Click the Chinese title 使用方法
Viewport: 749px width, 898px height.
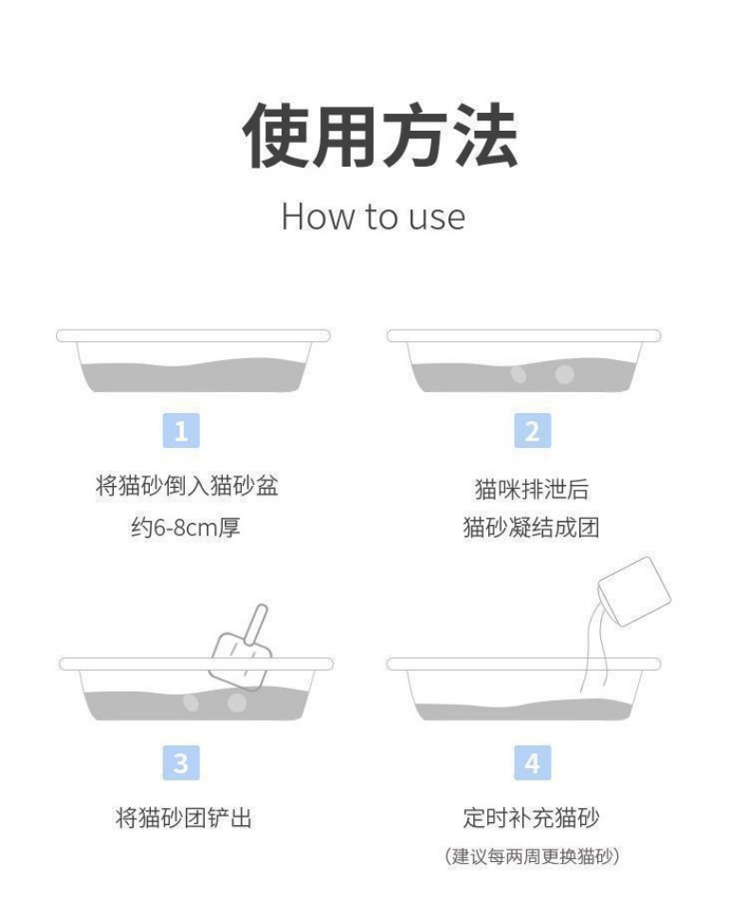tap(380, 135)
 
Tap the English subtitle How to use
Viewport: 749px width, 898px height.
tap(373, 217)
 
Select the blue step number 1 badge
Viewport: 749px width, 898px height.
tap(181, 430)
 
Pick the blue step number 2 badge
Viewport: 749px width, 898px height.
tap(533, 430)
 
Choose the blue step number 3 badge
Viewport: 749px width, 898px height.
tap(181, 763)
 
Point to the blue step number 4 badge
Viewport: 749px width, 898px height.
tap(533, 763)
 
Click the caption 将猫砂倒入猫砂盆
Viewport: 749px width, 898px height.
tap(187, 486)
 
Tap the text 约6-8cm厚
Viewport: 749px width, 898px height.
tap(186, 527)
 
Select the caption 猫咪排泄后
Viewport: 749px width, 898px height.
tap(532, 489)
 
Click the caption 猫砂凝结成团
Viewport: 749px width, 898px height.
tap(531, 527)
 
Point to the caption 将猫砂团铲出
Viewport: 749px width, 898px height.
tap(184, 817)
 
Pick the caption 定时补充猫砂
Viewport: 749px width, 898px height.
tap(531, 817)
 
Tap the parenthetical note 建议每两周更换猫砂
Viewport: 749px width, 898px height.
tap(532, 856)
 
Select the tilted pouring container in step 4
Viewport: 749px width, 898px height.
tap(634, 591)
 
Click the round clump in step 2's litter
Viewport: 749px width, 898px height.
tap(564, 374)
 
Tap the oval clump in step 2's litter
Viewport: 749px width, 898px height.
tap(519, 374)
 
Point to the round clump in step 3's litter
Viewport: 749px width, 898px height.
tap(237, 703)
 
